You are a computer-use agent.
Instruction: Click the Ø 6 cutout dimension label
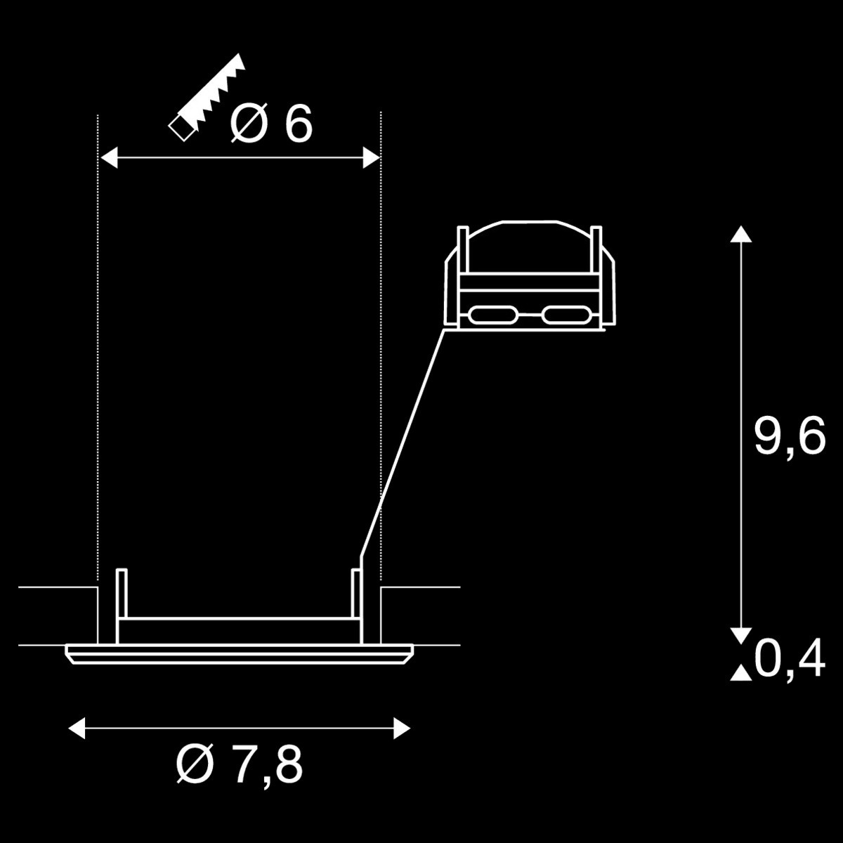pyautogui.click(x=270, y=123)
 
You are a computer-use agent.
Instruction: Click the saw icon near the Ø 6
pyautogui.click(x=207, y=98)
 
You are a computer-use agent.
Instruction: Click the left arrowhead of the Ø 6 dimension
pyautogui.click(x=109, y=157)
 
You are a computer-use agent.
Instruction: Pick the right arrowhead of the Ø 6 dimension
pyautogui.click(x=372, y=157)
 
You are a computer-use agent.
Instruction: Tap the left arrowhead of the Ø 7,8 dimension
pyautogui.click(x=77, y=728)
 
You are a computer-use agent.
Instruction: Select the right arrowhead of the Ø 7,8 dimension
pyautogui.click(x=402, y=728)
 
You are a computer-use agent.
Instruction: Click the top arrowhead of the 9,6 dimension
pyautogui.click(x=741, y=234)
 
